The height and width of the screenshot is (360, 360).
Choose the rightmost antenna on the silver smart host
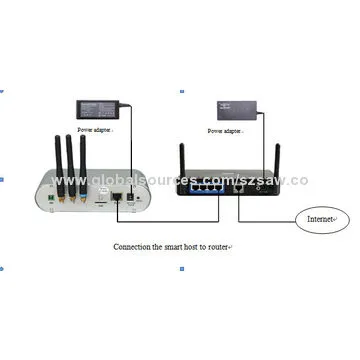[x=82, y=159]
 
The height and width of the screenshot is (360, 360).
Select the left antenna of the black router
[x=184, y=165]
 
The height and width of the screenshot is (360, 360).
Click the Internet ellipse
[x=319, y=218]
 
